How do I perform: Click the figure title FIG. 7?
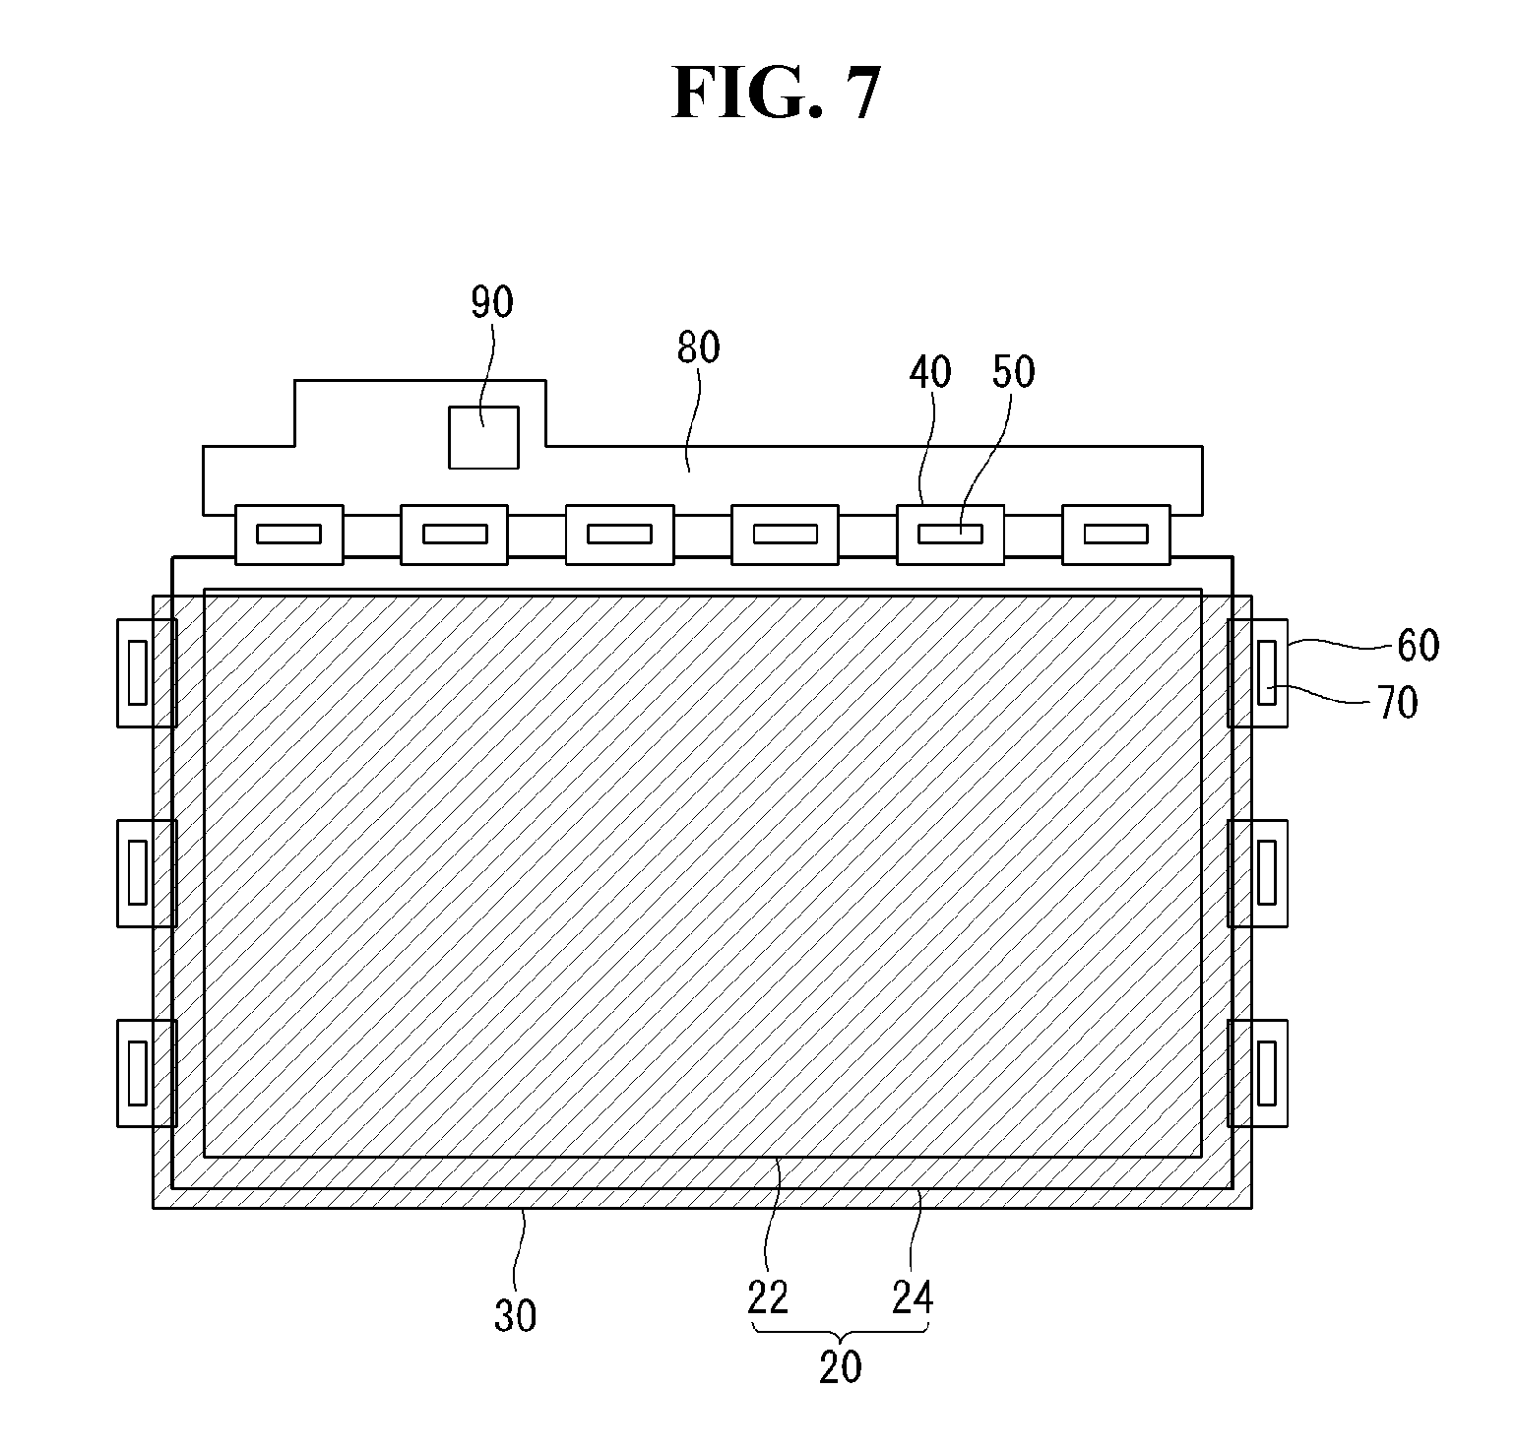(775, 94)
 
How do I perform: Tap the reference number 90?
(491, 303)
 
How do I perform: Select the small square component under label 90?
(483, 437)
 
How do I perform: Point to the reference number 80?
(698, 347)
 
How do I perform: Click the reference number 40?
(930, 372)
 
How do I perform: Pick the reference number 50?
(1014, 372)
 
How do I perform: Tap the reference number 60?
(1418, 646)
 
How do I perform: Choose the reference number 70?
(1397, 703)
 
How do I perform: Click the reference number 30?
(515, 1315)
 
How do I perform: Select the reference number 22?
(768, 1298)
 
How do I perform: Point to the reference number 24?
(912, 1298)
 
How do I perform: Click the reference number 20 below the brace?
(840, 1366)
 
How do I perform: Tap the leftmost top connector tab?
(288, 535)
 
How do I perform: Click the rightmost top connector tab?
(1115, 535)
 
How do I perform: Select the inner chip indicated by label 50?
(950, 535)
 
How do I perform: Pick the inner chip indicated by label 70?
(1267, 672)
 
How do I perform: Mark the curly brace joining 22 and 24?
(840, 1330)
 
